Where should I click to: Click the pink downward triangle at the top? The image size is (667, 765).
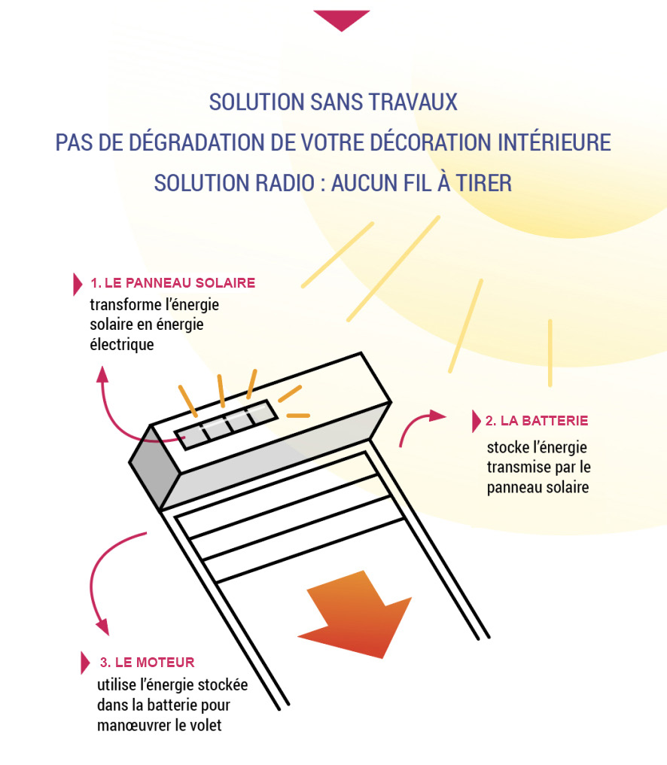click(x=341, y=19)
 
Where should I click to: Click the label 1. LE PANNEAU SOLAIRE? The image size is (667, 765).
click(x=172, y=283)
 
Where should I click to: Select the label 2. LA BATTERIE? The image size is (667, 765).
click(x=537, y=421)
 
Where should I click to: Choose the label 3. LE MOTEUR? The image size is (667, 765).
click(x=147, y=663)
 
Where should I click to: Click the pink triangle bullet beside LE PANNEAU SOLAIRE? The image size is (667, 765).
click(x=77, y=284)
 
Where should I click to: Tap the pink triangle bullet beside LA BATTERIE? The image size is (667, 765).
click(x=475, y=421)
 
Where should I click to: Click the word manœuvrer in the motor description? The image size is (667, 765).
click(x=133, y=725)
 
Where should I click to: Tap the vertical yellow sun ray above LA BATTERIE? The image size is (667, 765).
click(x=550, y=352)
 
